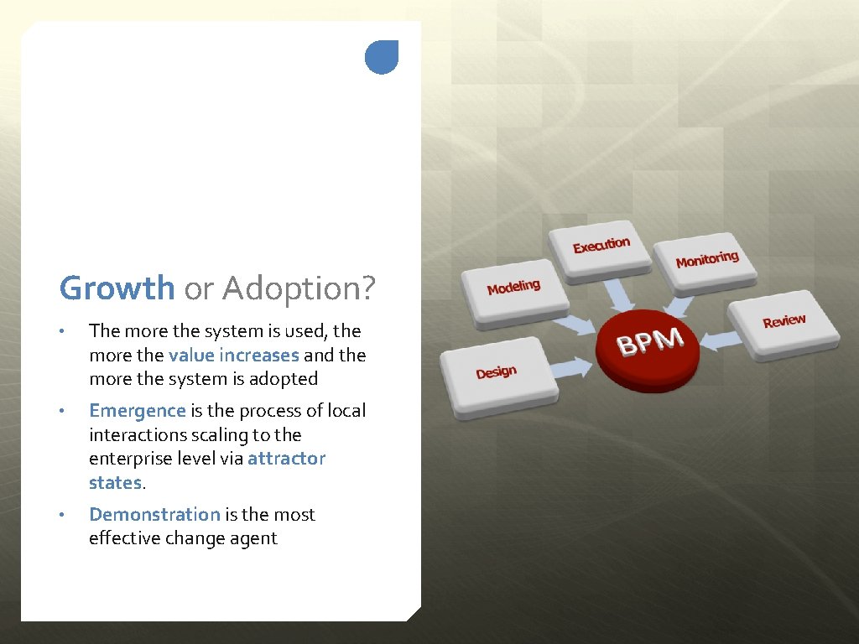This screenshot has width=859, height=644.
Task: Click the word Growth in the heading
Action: [x=117, y=288]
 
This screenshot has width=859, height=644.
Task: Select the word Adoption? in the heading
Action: [x=299, y=290]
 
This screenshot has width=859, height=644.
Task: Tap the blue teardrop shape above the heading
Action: [x=382, y=57]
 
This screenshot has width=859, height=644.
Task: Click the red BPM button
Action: [x=648, y=345]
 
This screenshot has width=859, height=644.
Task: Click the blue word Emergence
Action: [x=137, y=411]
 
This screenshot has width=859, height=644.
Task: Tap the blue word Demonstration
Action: [x=154, y=515]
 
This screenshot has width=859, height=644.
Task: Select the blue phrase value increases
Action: [x=233, y=355]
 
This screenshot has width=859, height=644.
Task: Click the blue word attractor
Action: [x=286, y=459]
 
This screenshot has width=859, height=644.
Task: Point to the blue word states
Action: [x=115, y=483]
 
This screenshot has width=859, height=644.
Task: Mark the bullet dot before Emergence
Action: [x=61, y=411]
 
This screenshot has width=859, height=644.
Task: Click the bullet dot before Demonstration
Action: [x=61, y=515]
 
